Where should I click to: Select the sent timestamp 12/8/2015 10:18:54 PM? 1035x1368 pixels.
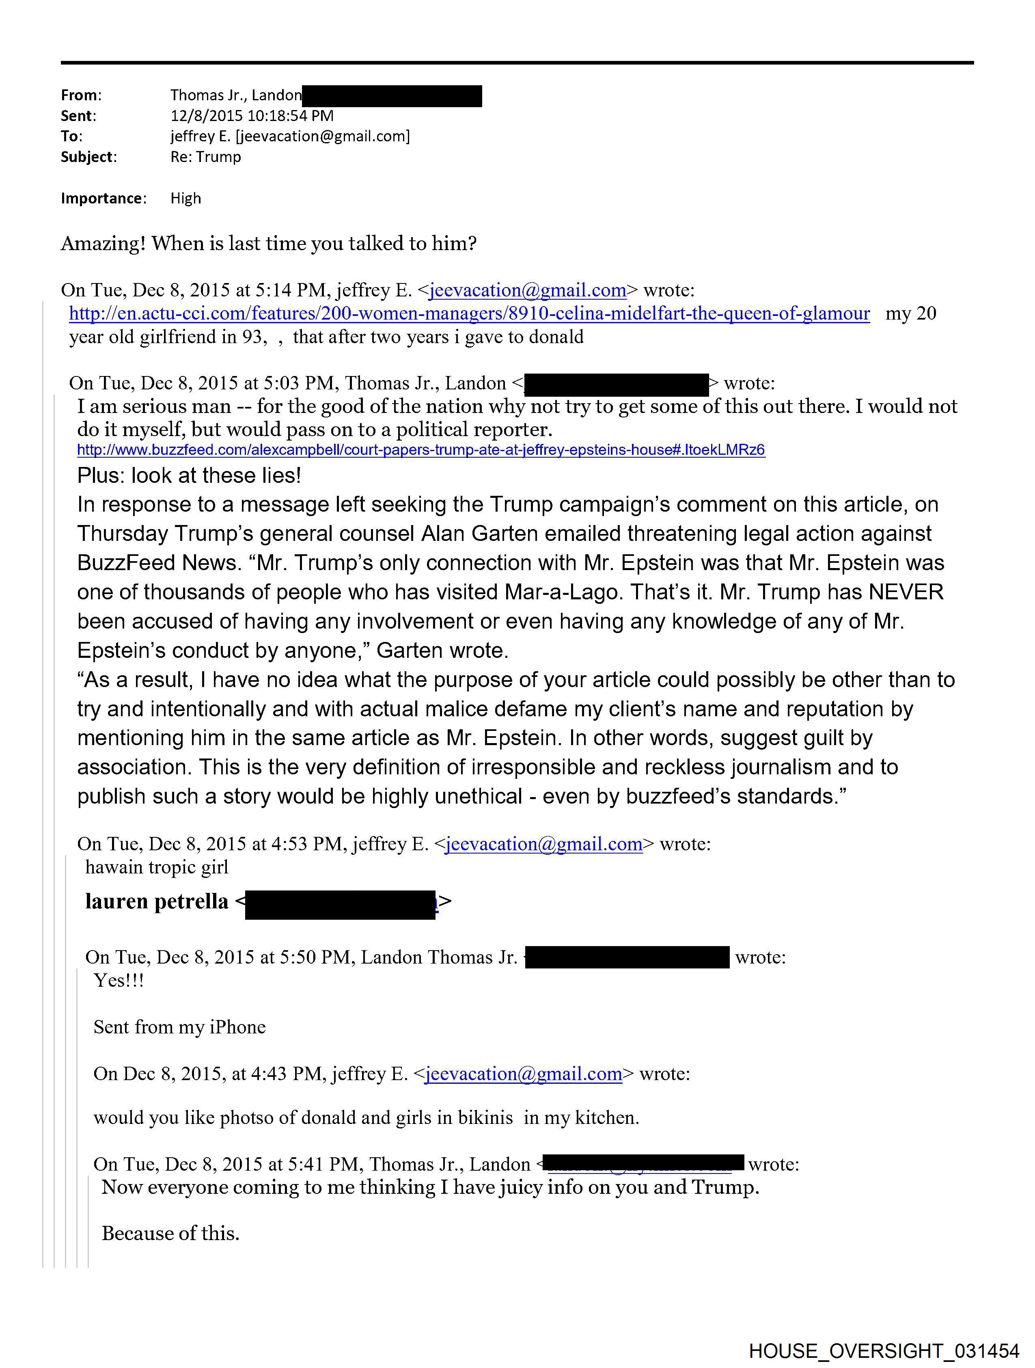pos(252,116)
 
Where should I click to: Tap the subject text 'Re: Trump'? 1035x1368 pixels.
pos(205,157)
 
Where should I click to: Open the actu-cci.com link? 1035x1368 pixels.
pos(469,313)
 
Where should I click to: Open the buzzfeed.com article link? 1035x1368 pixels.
pos(420,450)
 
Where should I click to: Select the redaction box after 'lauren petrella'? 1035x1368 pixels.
pos(340,904)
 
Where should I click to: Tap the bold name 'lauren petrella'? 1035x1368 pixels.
pos(156,902)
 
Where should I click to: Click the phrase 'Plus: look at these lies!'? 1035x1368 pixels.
pos(189,475)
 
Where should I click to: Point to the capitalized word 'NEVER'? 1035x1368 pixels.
pos(906,592)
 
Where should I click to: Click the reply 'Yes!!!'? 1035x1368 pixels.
pos(118,980)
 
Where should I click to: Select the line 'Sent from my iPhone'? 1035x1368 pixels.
pos(179,1027)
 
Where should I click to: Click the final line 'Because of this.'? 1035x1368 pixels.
pos(170,1233)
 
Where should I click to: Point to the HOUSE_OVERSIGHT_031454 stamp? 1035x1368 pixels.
pos(884,1350)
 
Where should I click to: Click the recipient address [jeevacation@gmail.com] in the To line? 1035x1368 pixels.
pos(323,136)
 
